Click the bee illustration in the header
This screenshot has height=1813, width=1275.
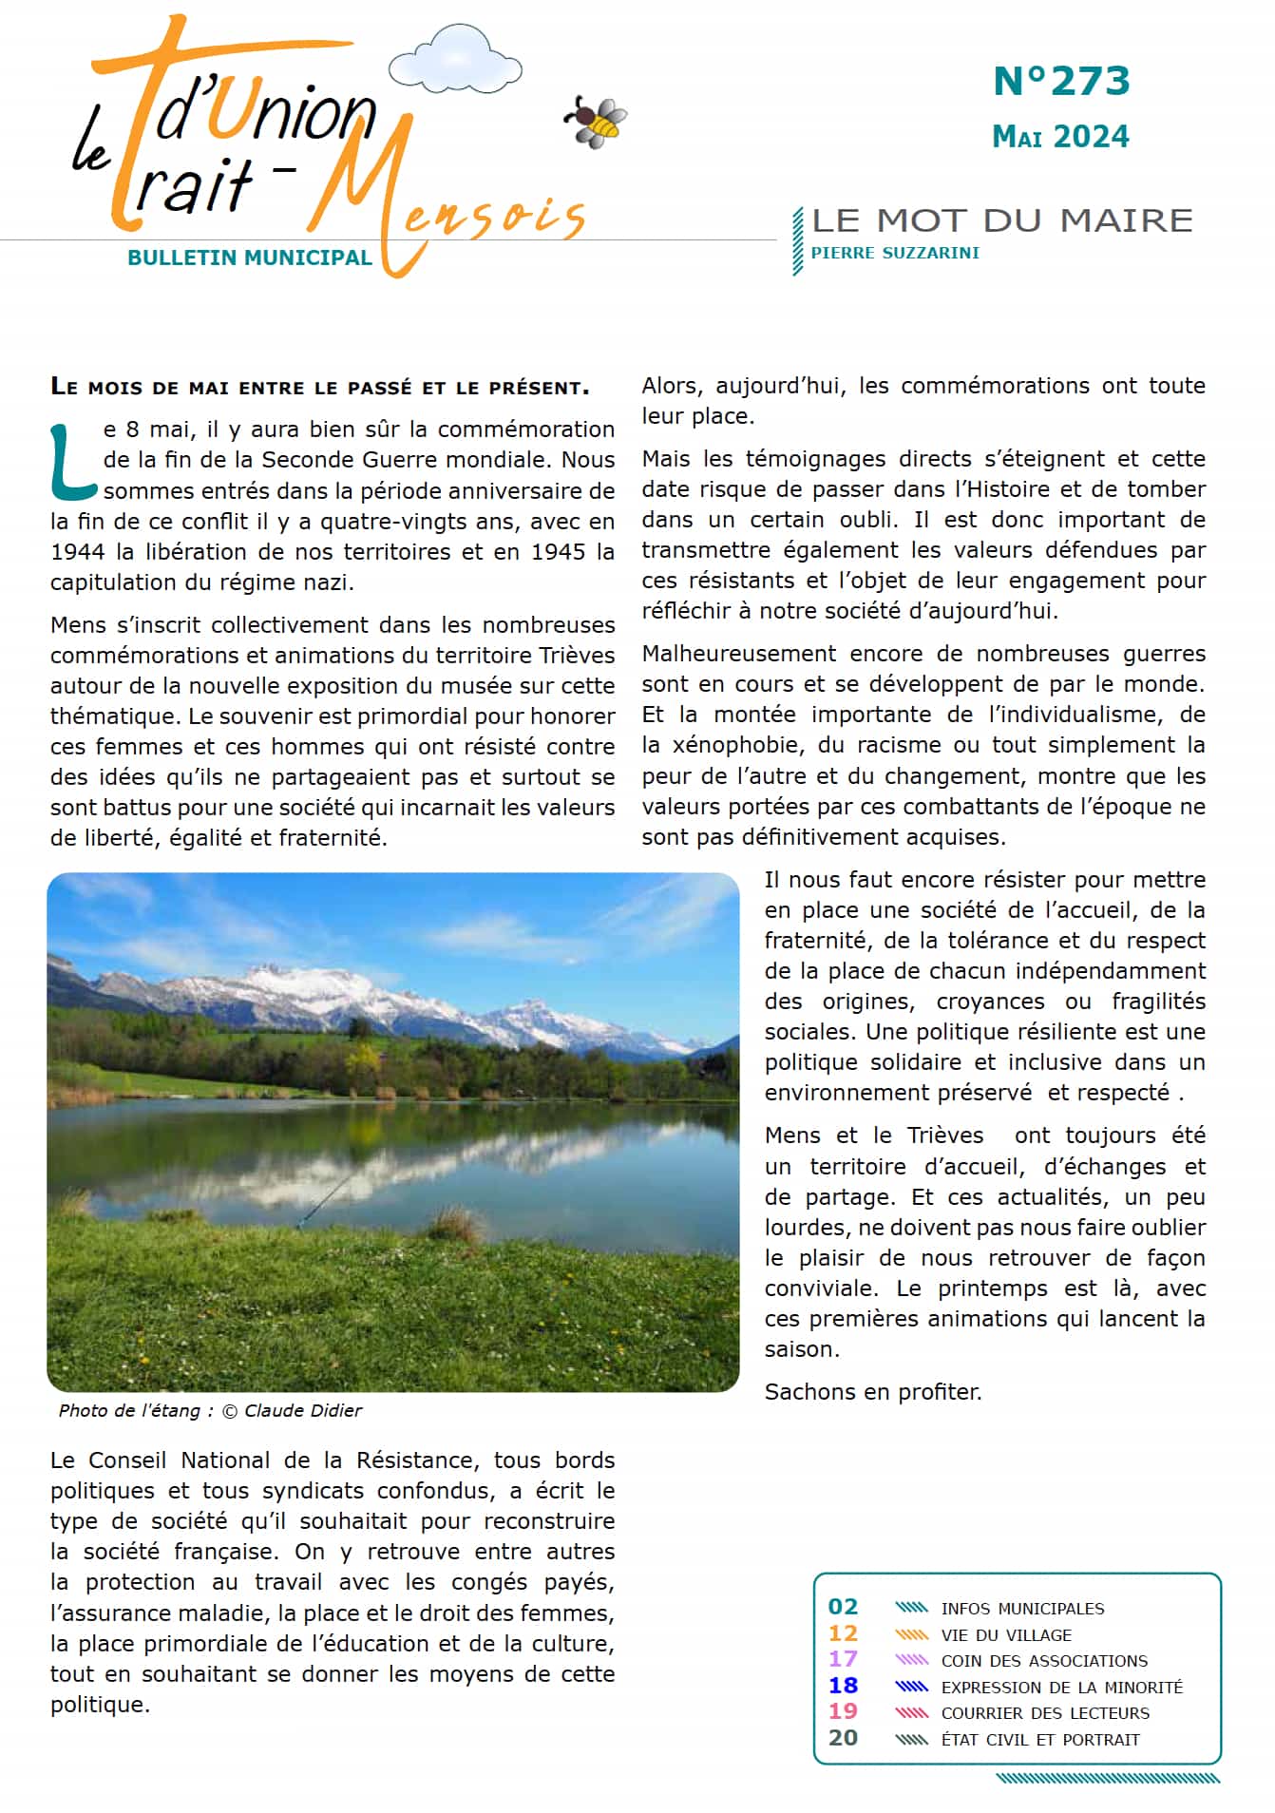(597, 122)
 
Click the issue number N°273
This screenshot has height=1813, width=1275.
(1061, 82)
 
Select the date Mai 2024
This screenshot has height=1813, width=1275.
(1060, 137)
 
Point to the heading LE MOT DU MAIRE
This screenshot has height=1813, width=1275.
(1002, 220)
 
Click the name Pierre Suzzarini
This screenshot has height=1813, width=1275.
(895, 253)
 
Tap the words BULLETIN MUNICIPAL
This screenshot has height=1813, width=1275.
(249, 258)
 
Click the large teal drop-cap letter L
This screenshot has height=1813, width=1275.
(72, 462)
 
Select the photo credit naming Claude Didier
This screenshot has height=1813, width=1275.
(210, 1410)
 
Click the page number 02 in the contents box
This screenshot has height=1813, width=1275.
(843, 1607)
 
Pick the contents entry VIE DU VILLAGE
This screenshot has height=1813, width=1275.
(1006, 1634)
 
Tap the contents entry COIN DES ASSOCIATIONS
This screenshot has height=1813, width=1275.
(1044, 1661)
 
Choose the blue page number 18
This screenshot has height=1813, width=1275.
(843, 1686)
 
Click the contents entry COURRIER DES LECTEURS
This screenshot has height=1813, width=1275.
(1045, 1713)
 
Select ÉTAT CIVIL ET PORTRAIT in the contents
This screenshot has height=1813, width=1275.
(1040, 1740)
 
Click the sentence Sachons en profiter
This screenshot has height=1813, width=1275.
(873, 1392)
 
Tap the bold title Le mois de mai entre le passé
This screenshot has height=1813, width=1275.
(320, 387)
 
